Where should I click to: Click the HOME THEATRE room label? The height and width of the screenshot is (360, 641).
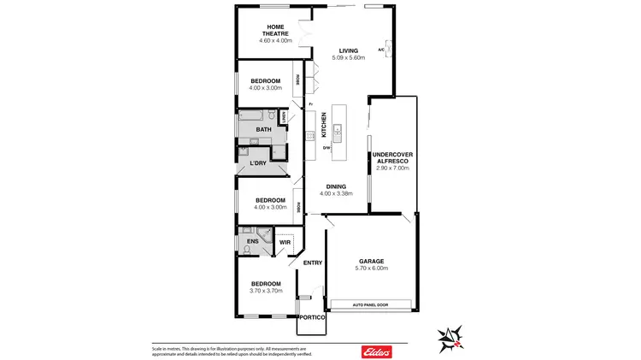(x=275, y=30)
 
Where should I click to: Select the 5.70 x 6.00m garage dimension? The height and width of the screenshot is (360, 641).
(x=371, y=269)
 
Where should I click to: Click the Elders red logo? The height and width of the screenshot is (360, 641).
(x=377, y=351)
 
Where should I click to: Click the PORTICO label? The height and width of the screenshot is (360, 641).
(x=312, y=317)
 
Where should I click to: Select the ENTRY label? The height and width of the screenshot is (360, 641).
(x=313, y=263)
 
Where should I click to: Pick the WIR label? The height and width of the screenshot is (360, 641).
(x=285, y=243)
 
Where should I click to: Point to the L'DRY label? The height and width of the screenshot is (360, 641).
(x=258, y=162)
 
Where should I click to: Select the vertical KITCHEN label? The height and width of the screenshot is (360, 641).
(x=324, y=125)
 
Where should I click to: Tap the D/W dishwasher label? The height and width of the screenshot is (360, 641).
(x=326, y=148)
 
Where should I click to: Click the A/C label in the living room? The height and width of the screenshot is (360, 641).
(x=381, y=49)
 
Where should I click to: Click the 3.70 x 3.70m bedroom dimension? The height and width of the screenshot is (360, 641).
(x=266, y=291)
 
